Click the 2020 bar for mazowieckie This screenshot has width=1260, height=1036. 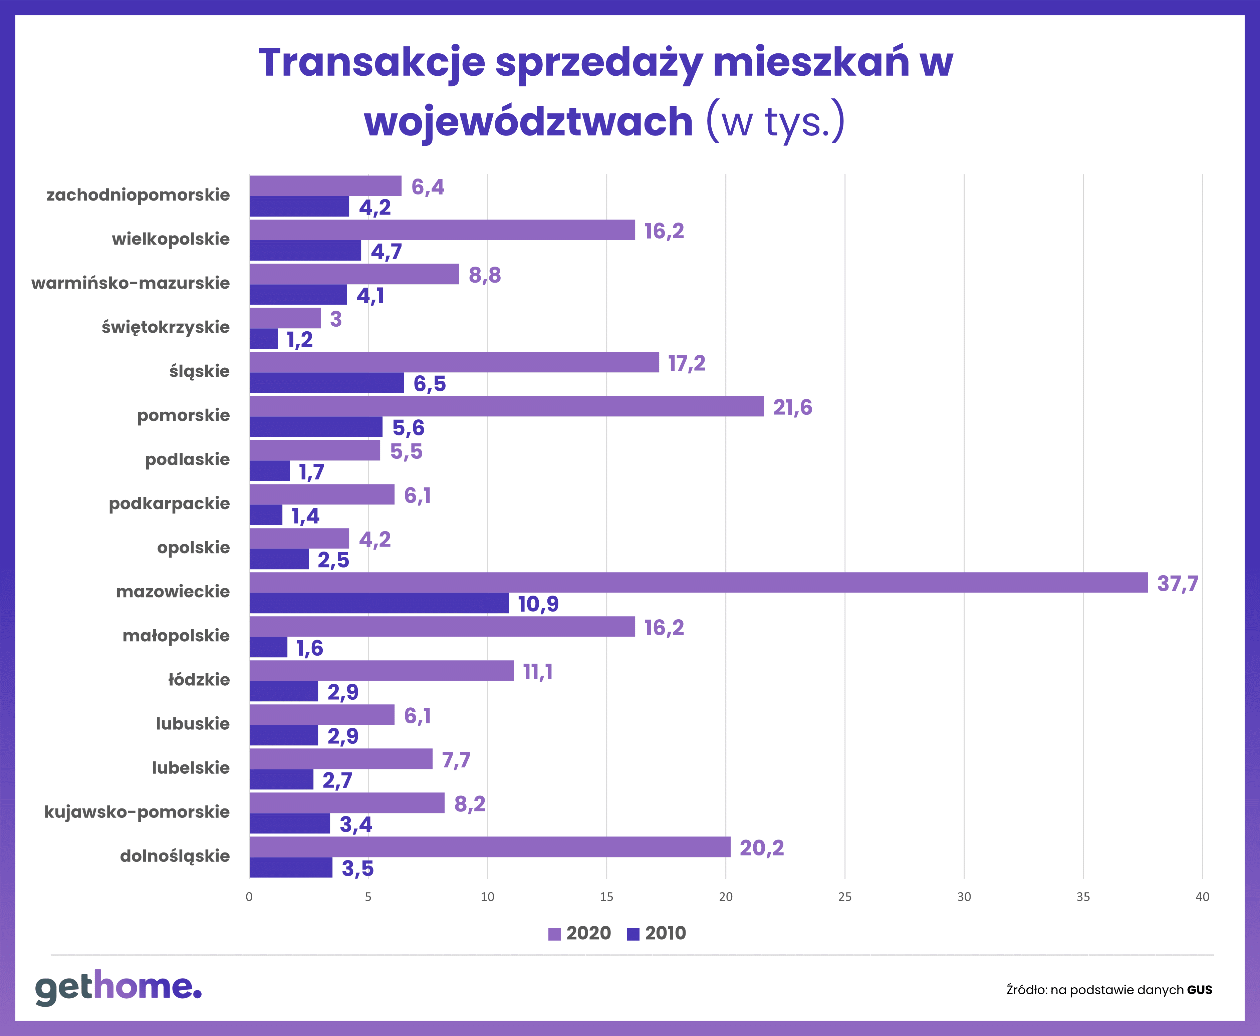(698, 583)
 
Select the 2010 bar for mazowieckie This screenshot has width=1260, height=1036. (379, 603)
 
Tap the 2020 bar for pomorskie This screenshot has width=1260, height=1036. (507, 406)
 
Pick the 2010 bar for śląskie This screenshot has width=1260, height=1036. (326, 383)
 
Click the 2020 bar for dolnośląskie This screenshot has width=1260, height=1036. (490, 847)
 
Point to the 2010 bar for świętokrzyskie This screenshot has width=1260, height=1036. (263, 339)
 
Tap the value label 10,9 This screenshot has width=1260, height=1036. (538, 604)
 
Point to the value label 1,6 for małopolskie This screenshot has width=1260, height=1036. (310, 648)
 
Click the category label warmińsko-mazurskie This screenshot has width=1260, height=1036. (131, 283)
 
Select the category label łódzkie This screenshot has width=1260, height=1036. (199, 679)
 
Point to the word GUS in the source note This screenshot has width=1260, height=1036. (1200, 990)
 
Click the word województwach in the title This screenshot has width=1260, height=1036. (529, 121)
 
